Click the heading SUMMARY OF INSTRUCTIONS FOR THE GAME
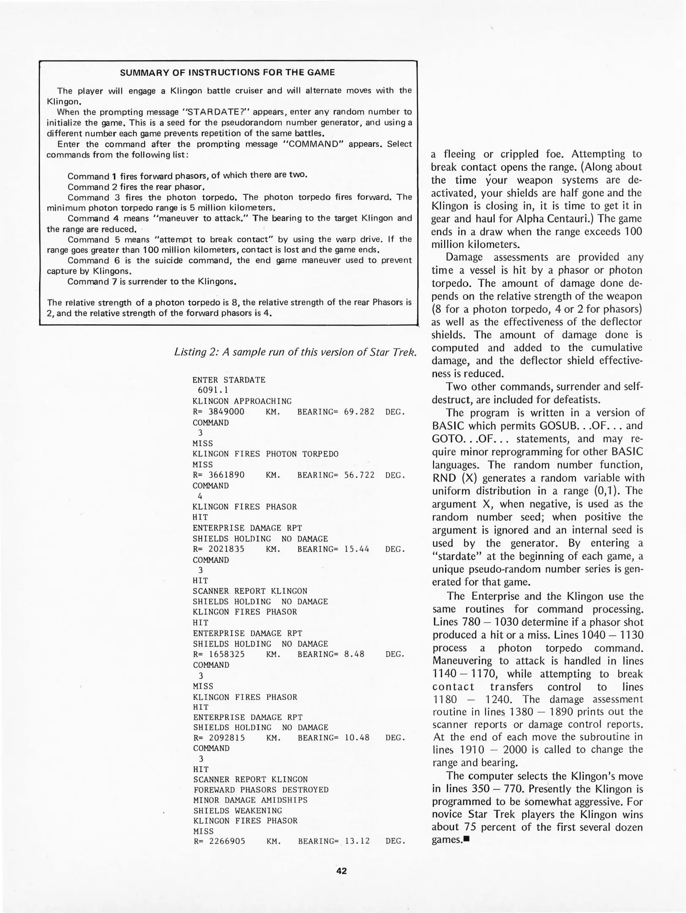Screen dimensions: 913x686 [x=227, y=72]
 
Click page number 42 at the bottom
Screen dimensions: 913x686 [x=342, y=871]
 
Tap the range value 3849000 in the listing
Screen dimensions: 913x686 [x=227, y=412]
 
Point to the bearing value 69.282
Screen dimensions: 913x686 [x=359, y=412]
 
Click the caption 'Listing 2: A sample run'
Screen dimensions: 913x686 [x=295, y=352]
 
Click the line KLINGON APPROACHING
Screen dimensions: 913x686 [x=242, y=401]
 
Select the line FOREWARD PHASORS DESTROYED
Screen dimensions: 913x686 [x=261, y=790]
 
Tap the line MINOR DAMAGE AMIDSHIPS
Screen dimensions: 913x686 [x=250, y=800]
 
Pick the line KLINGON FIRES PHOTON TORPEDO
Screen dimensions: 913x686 [x=265, y=454]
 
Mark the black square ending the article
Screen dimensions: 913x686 [x=467, y=839]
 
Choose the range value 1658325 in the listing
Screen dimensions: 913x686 [x=227, y=654]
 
